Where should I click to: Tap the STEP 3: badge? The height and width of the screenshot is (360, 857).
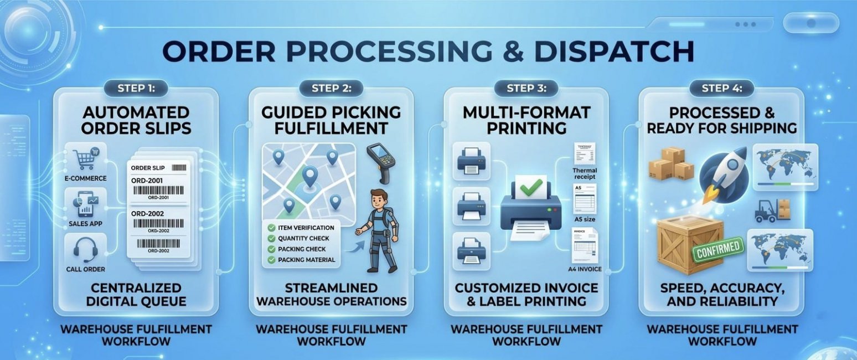click(525, 88)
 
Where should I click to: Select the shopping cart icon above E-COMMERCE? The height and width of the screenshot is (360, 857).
click(86, 158)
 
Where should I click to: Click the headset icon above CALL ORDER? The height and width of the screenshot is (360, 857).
click(86, 250)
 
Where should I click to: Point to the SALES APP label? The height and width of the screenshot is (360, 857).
click(85, 223)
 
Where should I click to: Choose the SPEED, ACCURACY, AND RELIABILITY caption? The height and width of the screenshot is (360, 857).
click(722, 295)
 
